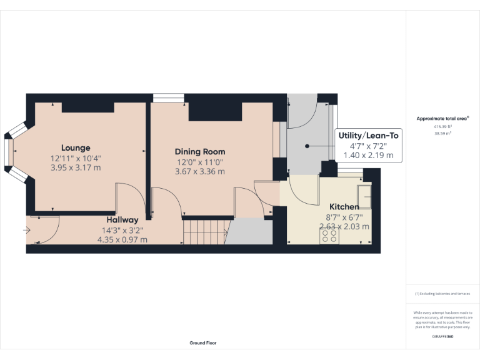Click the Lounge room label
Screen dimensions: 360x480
tap(75, 148)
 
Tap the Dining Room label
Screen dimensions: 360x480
tap(200, 152)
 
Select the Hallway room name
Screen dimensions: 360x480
tap(122, 220)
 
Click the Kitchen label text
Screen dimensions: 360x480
tap(344, 207)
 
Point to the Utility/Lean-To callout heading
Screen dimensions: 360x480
tap(368, 136)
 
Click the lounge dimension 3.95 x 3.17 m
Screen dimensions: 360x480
tap(75, 168)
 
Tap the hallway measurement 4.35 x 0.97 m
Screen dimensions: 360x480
tap(122, 239)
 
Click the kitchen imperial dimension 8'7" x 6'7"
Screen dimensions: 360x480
tap(344, 217)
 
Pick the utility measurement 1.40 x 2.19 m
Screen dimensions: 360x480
tap(368, 155)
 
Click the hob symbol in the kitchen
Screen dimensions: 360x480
tap(329, 236)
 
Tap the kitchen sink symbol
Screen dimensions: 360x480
tap(364, 195)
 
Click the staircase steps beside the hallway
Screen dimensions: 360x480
tap(204, 232)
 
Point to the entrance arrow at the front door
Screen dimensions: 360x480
tap(26, 231)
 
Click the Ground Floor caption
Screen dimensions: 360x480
tap(203, 343)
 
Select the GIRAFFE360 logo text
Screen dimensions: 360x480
tap(442, 337)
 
